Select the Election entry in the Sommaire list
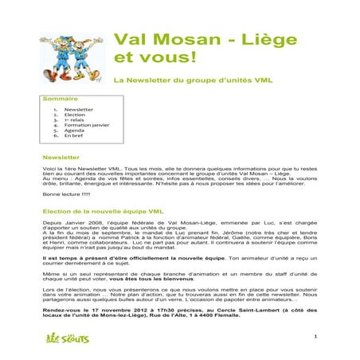[74, 115]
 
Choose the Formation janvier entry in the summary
[87, 125]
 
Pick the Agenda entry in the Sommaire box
[73, 131]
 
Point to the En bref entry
[73, 136]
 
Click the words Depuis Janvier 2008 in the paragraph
[70, 225]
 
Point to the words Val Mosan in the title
[156, 39]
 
